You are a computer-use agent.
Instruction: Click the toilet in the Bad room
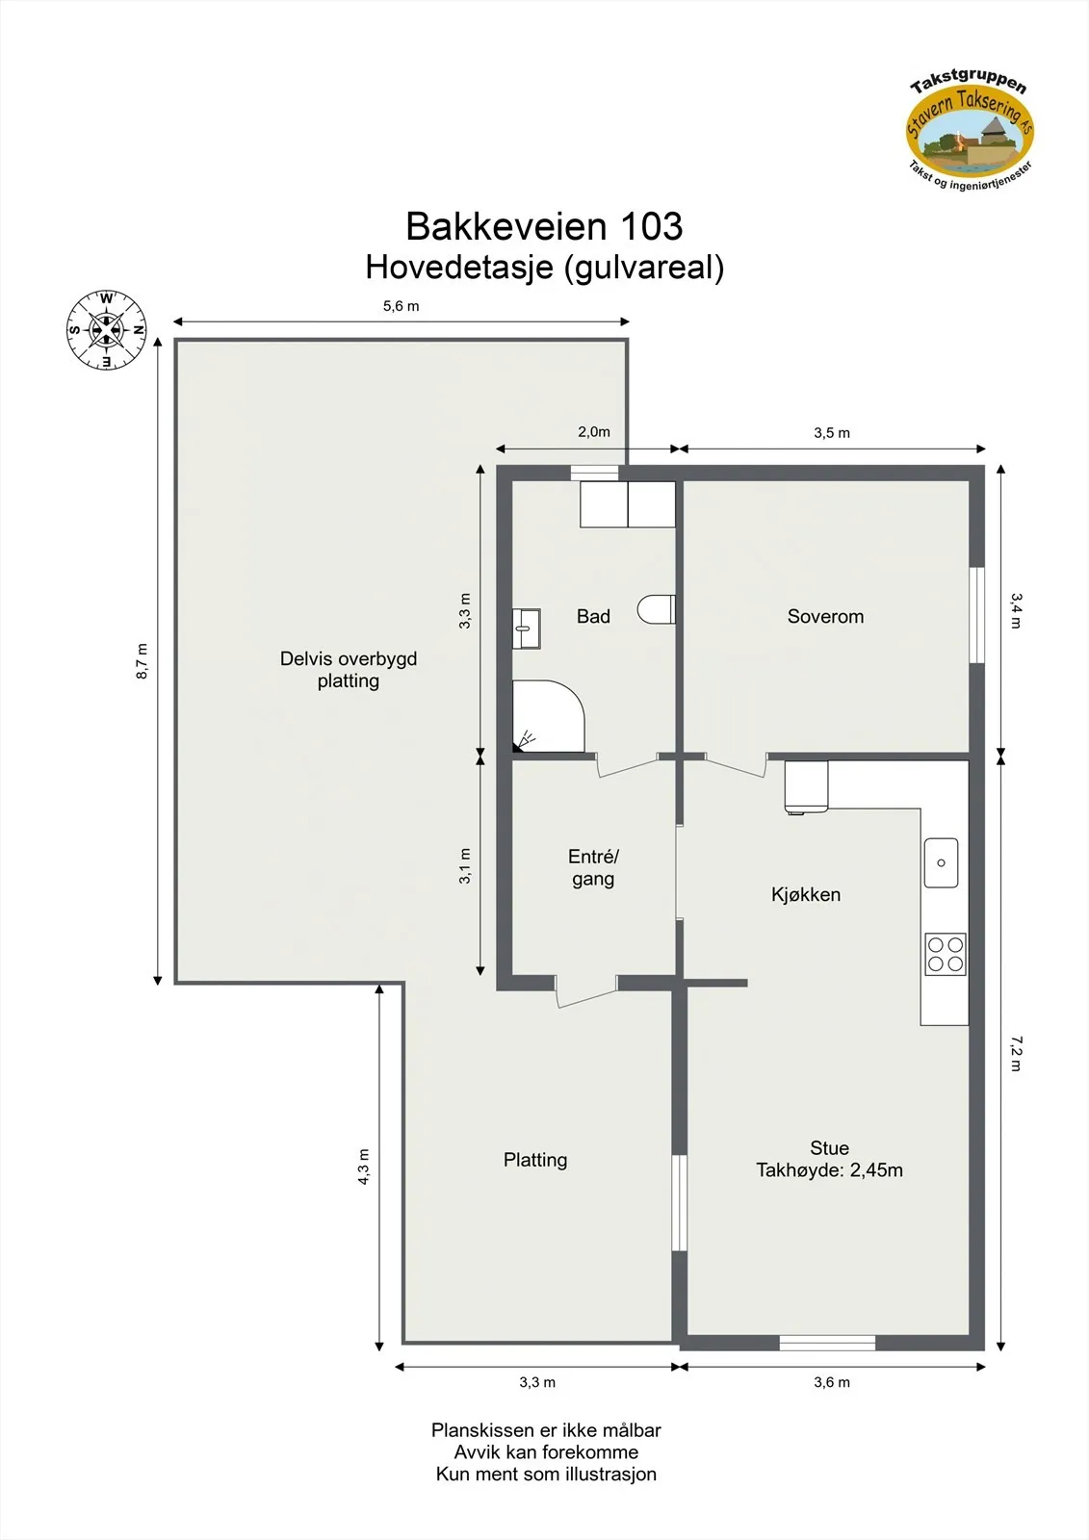tap(658, 609)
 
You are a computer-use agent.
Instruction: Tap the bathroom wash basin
tap(526, 629)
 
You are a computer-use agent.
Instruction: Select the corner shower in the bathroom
tap(546, 715)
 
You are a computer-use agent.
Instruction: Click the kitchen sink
tap(941, 862)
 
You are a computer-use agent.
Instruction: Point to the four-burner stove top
tap(945, 954)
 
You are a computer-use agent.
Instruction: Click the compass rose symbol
tap(106, 330)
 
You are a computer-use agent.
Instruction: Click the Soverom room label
tap(825, 617)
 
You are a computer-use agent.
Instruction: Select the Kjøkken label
tap(806, 895)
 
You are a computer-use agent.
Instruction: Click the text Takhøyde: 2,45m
tap(829, 1170)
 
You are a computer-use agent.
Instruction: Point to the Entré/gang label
tap(593, 867)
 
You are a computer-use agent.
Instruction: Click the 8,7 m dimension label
tap(143, 661)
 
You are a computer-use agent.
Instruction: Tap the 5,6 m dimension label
tap(401, 306)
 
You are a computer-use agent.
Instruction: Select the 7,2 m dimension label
tap(1017, 1053)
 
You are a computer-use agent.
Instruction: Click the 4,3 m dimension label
tap(364, 1167)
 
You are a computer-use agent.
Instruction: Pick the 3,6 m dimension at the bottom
tap(832, 1382)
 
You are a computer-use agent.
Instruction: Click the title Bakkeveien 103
tap(544, 227)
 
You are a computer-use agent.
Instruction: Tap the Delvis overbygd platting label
tap(349, 670)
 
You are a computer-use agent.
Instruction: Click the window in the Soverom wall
tap(976, 615)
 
